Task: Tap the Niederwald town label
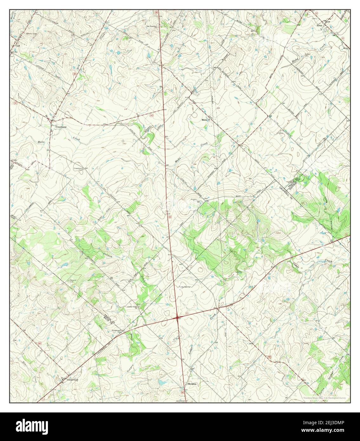72,379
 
